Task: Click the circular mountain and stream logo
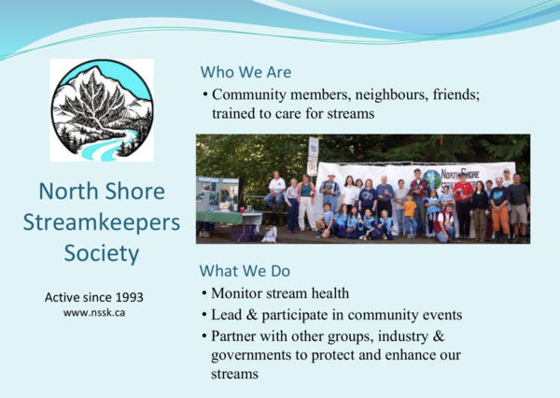[x=101, y=111]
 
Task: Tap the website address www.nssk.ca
[x=94, y=313]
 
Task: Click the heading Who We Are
[x=245, y=72]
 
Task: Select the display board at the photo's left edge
[x=212, y=192]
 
